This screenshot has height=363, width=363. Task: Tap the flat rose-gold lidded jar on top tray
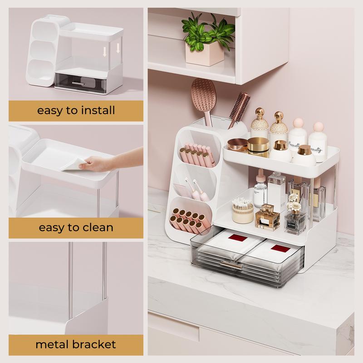[236, 144]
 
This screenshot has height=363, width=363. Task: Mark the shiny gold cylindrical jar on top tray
[258, 147]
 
